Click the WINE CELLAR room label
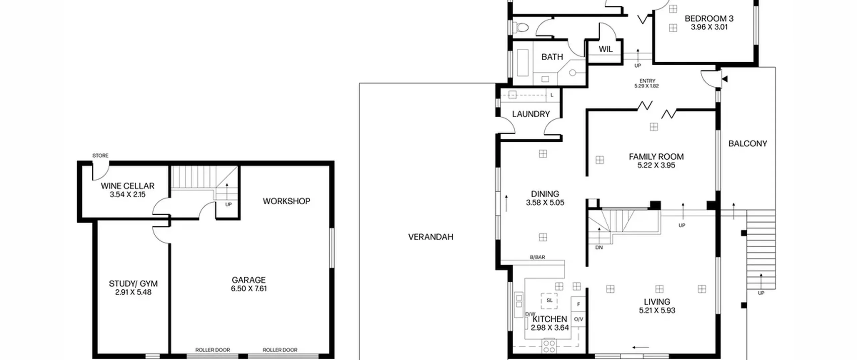(x=128, y=186)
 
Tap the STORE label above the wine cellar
(x=100, y=155)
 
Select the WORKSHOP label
(x=287, y=201)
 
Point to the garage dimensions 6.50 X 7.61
(x=249, y=289)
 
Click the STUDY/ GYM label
(x=133, y=284)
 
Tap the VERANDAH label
(x=431, y=237)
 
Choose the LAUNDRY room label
(x=531, y=114)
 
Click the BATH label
(x=552, y=57)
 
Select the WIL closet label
(x=606, y=49)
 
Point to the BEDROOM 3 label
(x=709, y=19)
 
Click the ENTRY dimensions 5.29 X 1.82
(x=646, y=86)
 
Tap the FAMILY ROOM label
(x=656, y=157)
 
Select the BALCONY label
(x=748, y=144)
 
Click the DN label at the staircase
(x=599, y=248)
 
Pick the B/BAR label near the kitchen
(x=537, y=257)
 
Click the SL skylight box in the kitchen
(x=549, y=301)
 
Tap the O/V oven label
(x=578, y=319)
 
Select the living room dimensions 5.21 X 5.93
(x=657, y=310)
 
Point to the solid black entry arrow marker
(x=725, y=79)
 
